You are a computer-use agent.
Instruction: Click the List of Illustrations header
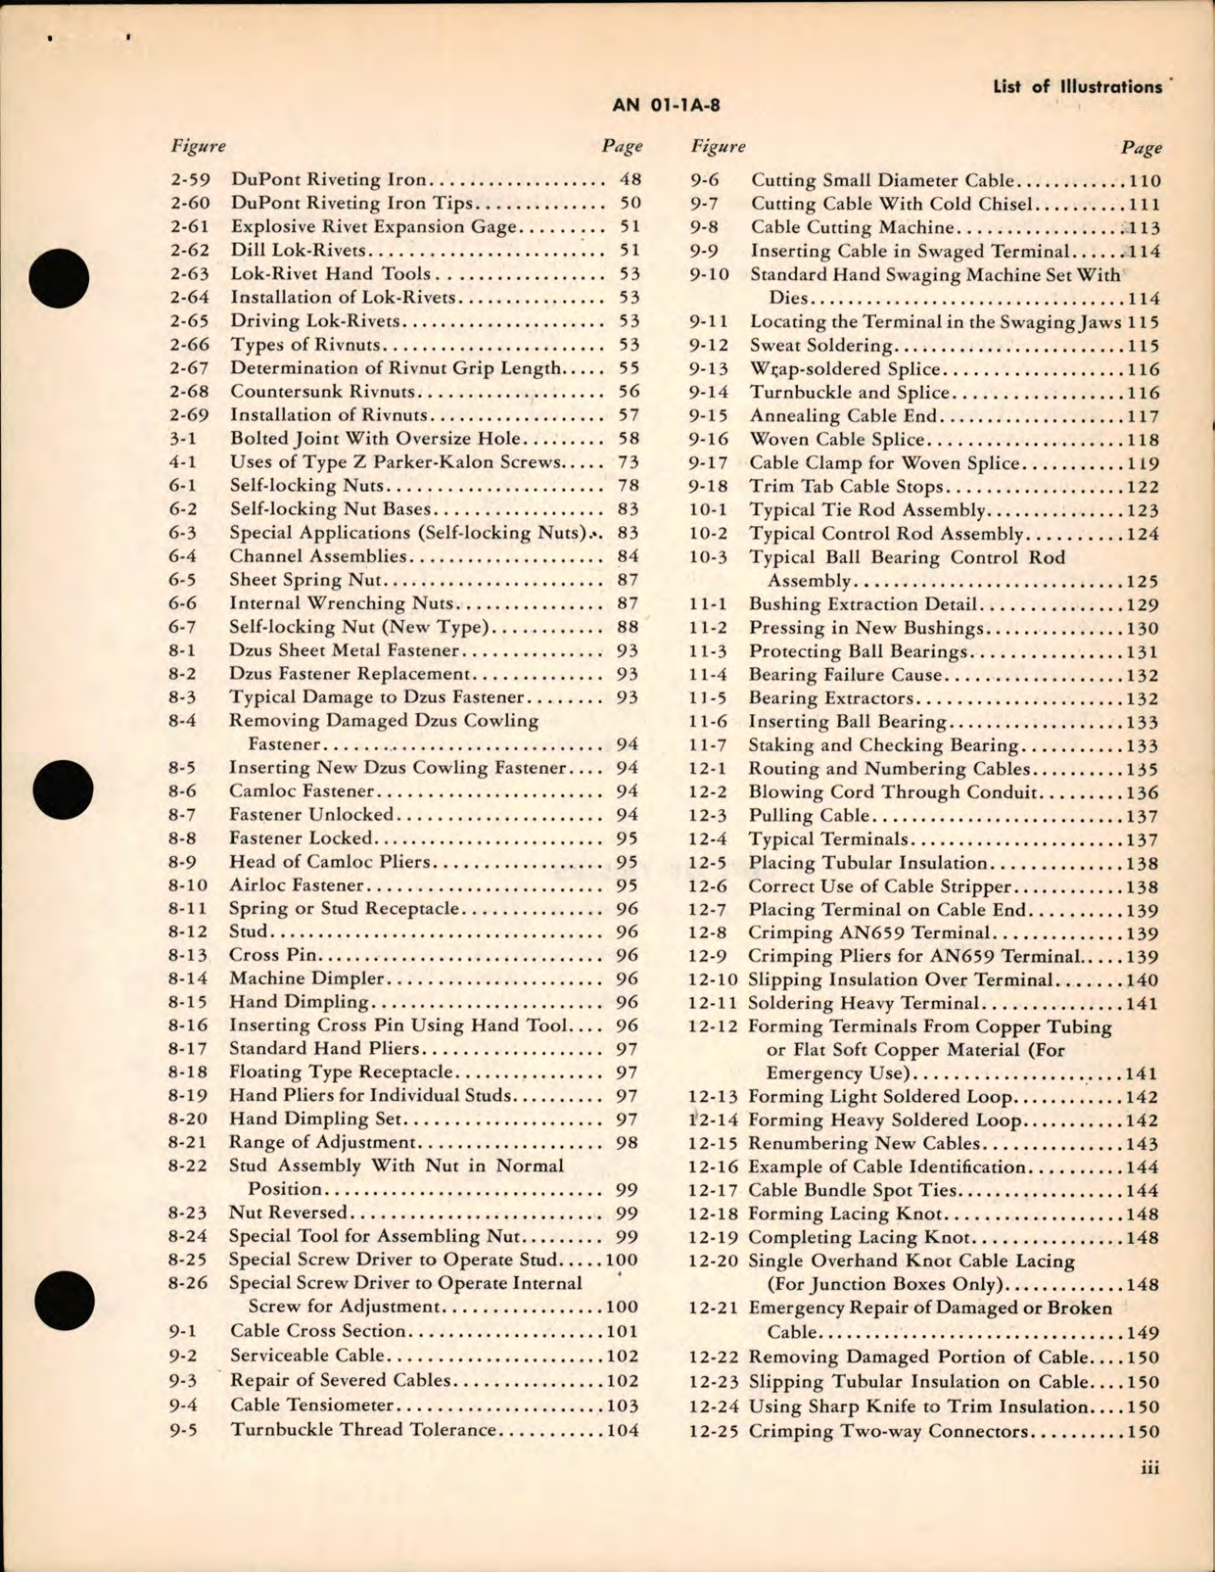(1077, 87)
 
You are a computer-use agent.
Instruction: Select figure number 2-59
(190, 180)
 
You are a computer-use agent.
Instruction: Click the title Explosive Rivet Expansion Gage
(373, 227)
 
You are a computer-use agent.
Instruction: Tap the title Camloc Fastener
(302, 791)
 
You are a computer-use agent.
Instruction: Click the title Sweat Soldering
(821, 346)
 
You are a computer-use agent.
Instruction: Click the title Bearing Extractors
(831, 699)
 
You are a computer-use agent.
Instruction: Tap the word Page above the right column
(1142, 148)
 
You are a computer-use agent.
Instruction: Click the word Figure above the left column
(198, 146)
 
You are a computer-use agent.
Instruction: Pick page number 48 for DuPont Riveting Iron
(630, 180)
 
